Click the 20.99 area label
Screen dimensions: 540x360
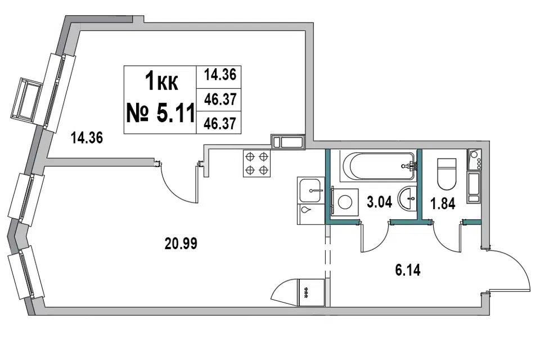(x=181, y=244)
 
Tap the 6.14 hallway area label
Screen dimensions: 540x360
(x=408, y=270)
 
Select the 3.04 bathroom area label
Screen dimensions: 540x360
(x=379, y=202)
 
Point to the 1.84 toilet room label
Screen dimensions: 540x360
(x=443, y=203)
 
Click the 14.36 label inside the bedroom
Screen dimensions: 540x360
(x=87, y=138)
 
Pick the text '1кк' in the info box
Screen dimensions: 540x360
(x=161, y=82)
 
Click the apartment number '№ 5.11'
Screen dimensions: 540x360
(x=160, y=112)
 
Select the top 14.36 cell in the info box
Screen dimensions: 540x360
(x=220, y=74)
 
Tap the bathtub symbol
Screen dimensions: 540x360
(x=378, y=166)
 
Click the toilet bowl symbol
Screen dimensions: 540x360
(x=446, y=174)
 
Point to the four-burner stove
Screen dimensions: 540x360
(x=257, y=163)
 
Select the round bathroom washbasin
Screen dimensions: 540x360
(x=407, y=198)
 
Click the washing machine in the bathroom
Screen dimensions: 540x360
(x=344, y=202)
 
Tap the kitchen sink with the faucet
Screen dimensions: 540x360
(x=311, y=190)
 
